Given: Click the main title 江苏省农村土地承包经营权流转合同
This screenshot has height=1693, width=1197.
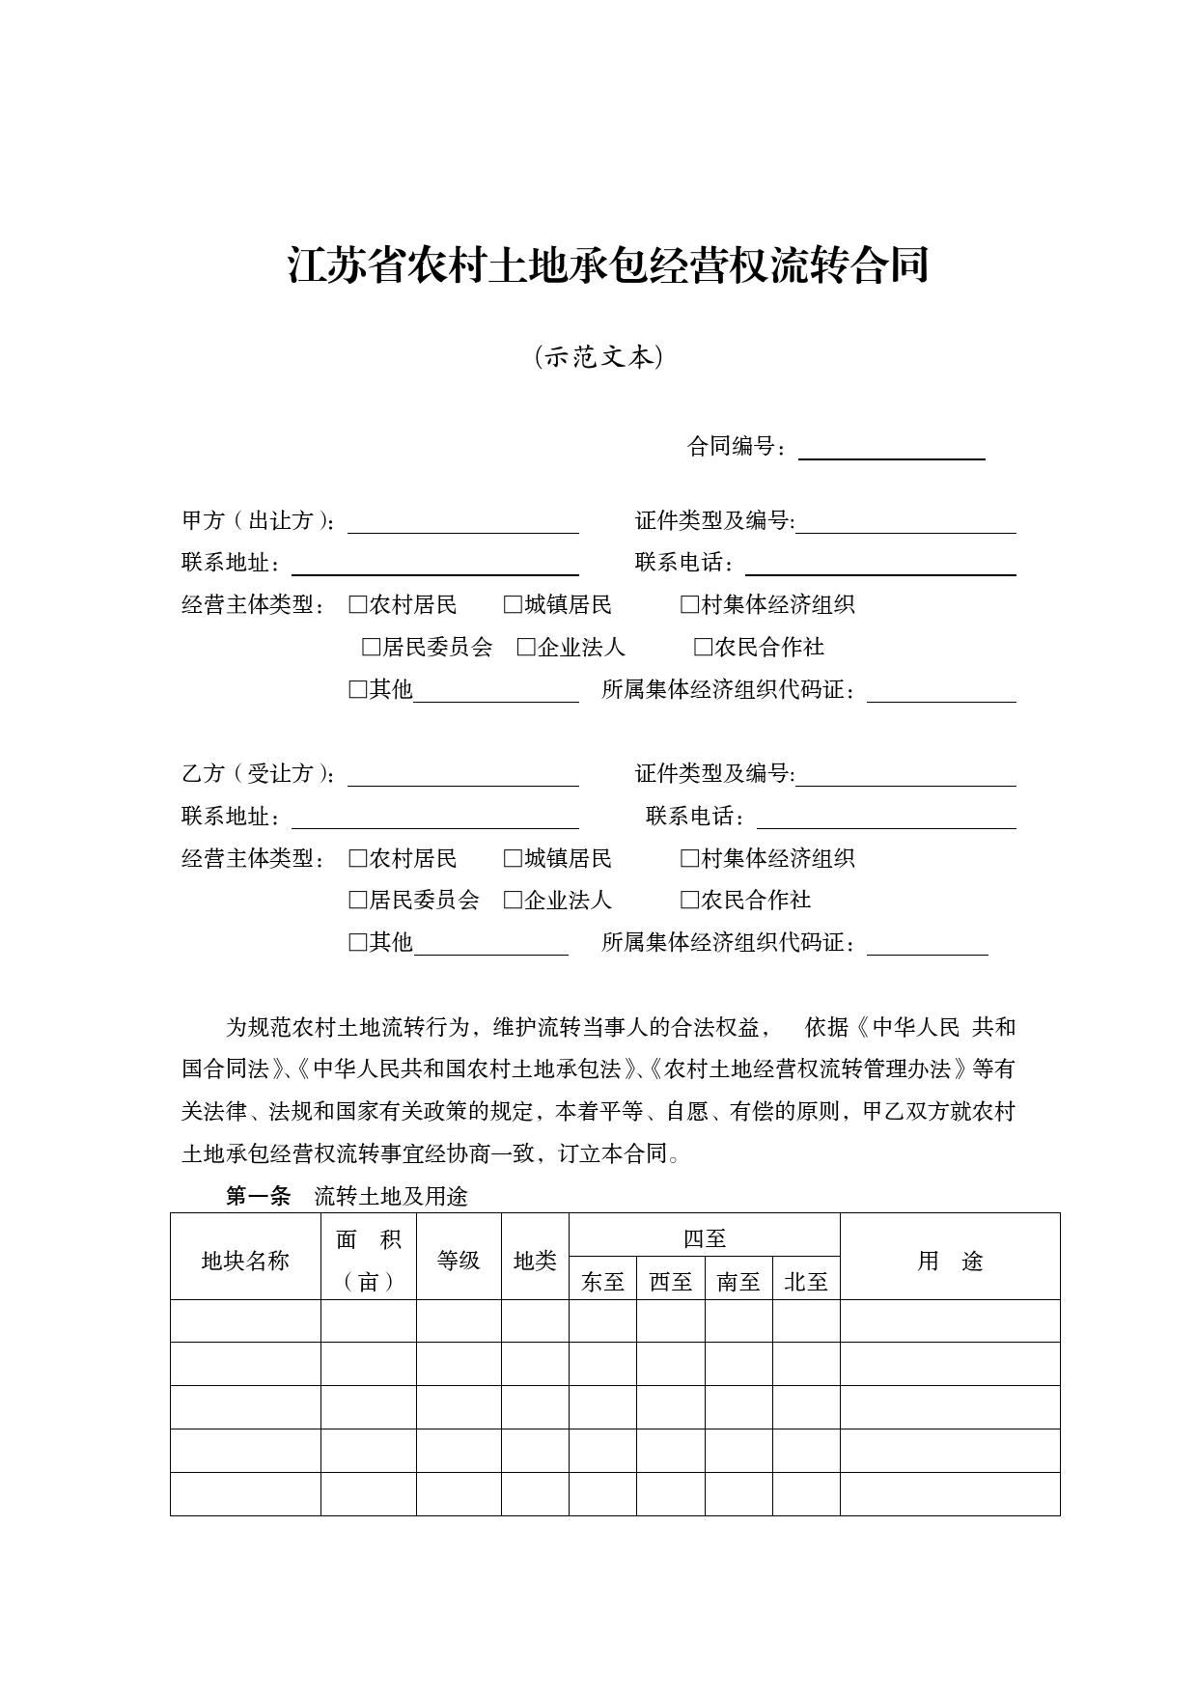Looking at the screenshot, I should point(608,265).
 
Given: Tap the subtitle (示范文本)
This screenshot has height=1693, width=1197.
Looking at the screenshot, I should point(598,357).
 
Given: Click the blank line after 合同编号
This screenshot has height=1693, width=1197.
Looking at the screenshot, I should point(891,449).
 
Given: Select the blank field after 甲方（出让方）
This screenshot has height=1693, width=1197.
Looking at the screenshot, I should point(462,522).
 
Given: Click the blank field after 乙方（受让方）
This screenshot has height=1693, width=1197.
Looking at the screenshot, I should point(462,775).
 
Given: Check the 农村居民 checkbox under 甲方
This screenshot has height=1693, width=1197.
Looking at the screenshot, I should point(358,605).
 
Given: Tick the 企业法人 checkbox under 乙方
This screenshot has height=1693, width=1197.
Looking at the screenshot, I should point(513,901).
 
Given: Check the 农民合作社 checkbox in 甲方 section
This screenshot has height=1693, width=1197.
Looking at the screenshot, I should point(703,648).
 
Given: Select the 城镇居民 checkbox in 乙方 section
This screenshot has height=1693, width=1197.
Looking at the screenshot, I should point(513,858).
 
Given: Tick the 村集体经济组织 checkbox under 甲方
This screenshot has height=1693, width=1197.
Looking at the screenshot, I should point(689,605).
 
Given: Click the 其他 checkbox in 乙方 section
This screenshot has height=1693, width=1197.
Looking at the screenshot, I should point(358,942).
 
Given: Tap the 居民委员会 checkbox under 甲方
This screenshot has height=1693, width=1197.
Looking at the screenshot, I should point(372,648).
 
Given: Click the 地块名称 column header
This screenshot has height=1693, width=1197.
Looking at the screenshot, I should point(245,1261).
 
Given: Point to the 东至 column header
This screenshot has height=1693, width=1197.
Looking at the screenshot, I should point(602,1282).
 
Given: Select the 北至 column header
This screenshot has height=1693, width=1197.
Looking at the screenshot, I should point(806,1282).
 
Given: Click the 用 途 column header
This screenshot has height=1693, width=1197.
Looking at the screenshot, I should point(950,1261).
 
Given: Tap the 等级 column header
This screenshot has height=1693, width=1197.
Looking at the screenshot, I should point(459,1261).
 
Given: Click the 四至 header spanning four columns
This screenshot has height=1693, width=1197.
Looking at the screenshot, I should point(704,1238).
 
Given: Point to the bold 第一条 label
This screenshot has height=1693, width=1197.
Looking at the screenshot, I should point(258,1197).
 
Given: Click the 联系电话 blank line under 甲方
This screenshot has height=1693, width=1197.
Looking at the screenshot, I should point(879,565).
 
